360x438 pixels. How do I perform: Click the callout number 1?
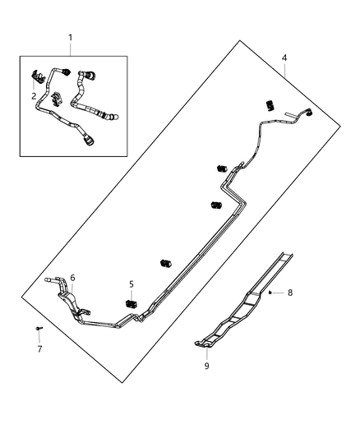pyautogui.click(x=70, y=37)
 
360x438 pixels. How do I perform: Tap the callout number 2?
pyautogui.click(x=34, y=95)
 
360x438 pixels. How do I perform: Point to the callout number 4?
pyautogui.click(x=284, y=58)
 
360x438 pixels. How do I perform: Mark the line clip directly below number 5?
pyautogui.click(x=129, y=305)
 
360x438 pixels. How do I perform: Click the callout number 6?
pyautogui.click(x=73, y=278)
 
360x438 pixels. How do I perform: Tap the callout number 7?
pyautogui.click(x=39, y=349)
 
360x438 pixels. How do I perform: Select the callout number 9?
pyautogui.click(x=205, y=366)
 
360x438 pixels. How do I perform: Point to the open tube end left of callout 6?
pyautogui.click(x=51, y=282)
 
